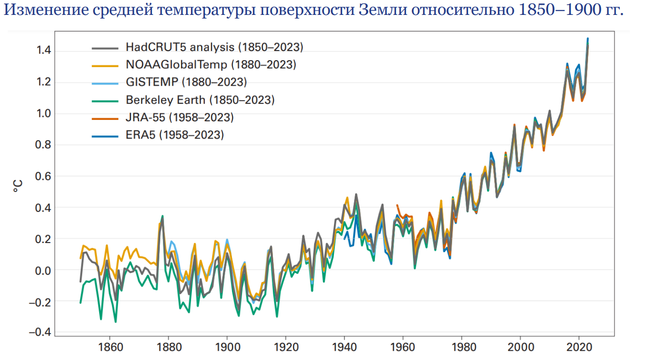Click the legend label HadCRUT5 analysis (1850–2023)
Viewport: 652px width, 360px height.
tap(214, 47)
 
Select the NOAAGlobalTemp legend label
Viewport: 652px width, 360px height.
tap(211, 64)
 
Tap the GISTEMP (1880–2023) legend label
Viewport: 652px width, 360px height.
tap(186, 82)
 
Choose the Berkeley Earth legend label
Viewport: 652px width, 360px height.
tap(200, 100)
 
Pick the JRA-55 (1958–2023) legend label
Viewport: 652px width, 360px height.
tap(179, 117)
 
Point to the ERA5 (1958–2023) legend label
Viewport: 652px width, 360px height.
tap(175, 135)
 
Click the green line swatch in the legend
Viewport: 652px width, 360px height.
tap(105, 100)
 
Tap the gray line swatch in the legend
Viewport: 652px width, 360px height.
tap(105, 47)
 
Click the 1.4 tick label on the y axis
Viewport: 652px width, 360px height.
tap(43, 51)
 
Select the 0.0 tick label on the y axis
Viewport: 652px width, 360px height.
tap(43, 270)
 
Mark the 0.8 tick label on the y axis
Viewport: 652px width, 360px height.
tap(43, 145)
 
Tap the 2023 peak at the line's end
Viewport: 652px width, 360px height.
tap(588, 39)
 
